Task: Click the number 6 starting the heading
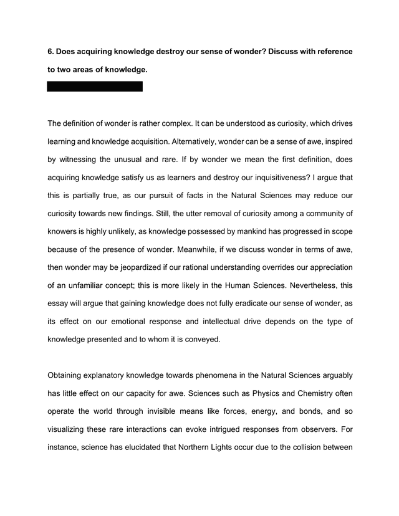[50, 51]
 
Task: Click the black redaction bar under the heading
[95, 87]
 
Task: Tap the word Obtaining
[67, 376]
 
